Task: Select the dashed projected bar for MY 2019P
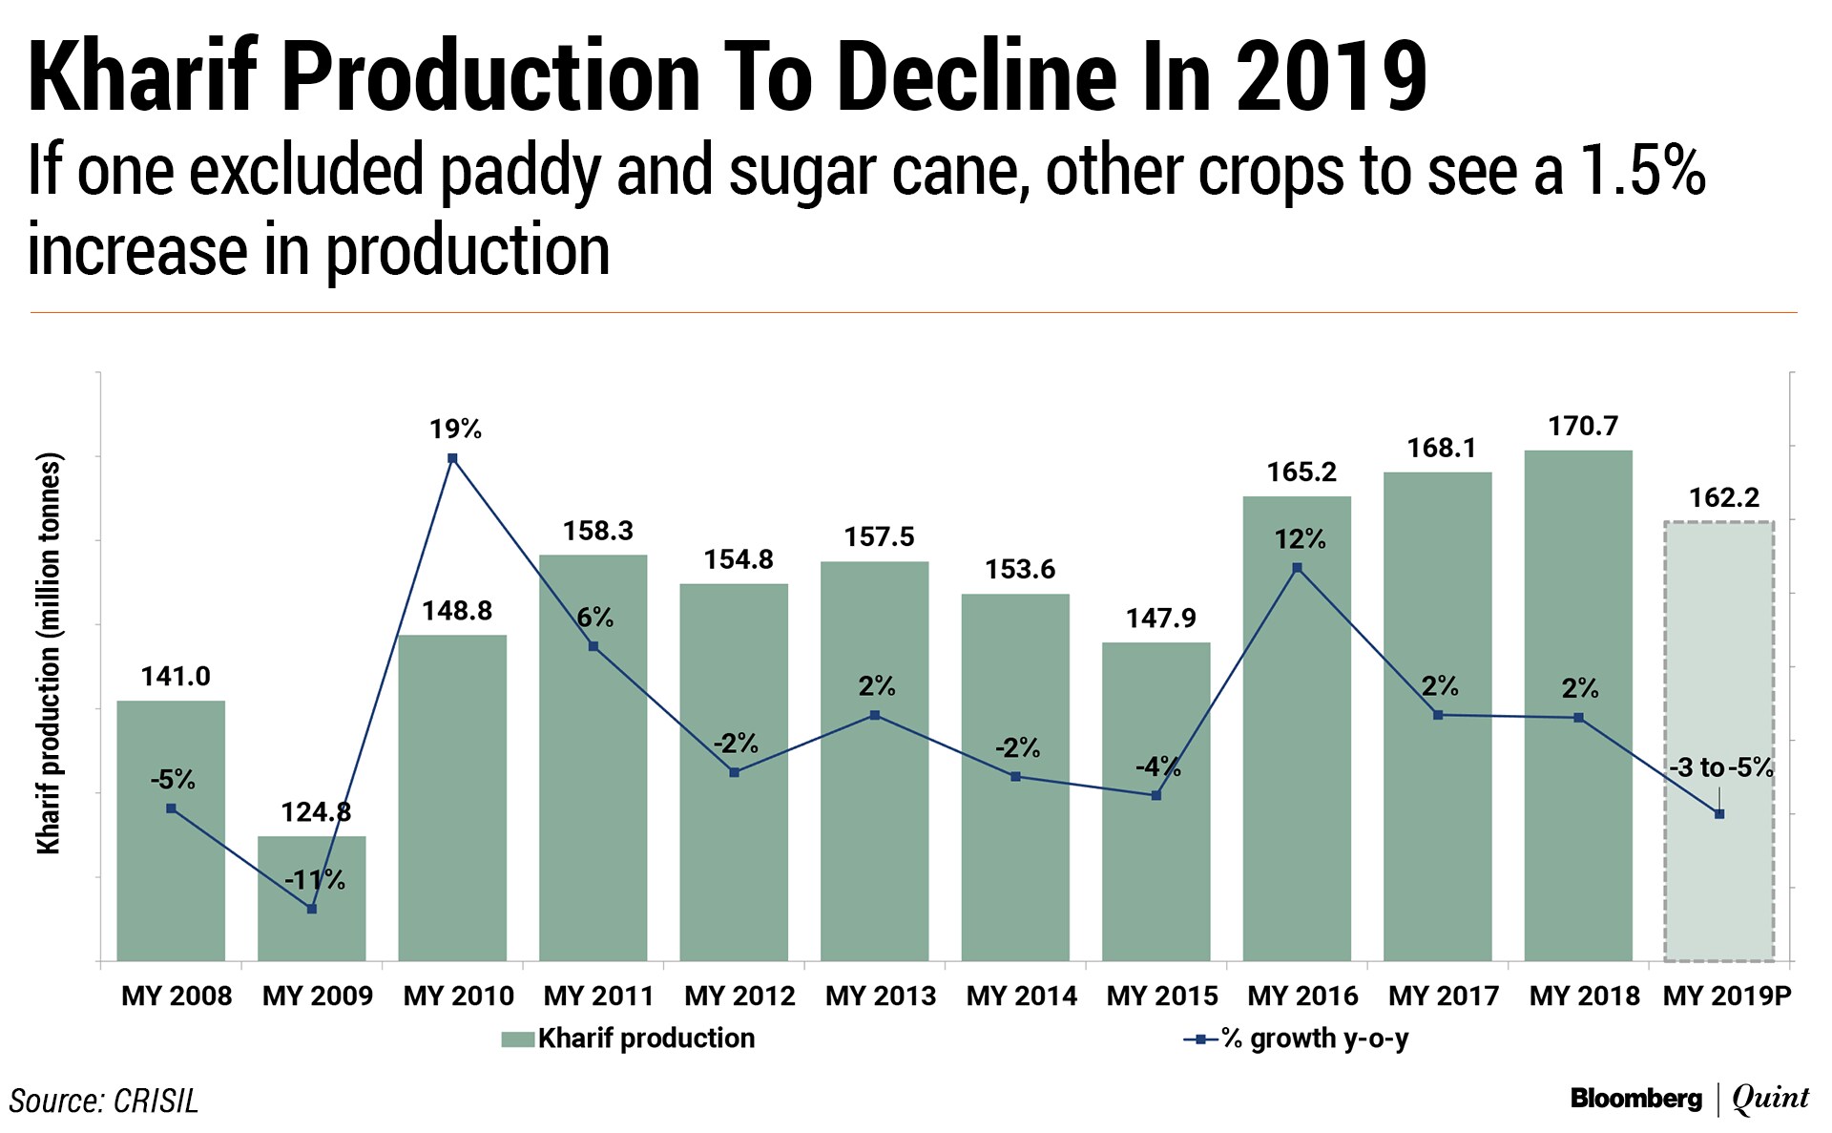[1719, 668]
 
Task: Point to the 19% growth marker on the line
[452, 458]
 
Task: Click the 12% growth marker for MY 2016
[1297, 568]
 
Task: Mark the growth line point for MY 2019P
[1719, 814]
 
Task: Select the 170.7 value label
[1583, 426]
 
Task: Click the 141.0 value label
[176, 677]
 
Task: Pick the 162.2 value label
[1724, 497]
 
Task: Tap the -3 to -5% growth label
[1720, 767]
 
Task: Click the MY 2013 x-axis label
[880, 996]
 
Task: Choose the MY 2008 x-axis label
[177, 996]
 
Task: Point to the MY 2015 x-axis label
[1162, 996]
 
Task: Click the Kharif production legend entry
[629, 1039]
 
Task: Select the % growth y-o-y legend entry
[1298, 1039]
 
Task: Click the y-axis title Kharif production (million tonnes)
[48, 653]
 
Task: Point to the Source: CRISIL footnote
[104, 1101]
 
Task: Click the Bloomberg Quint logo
[1689, 1099]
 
